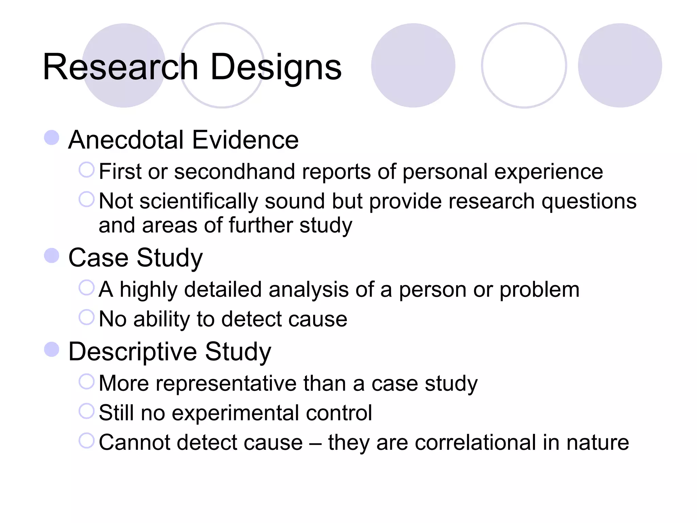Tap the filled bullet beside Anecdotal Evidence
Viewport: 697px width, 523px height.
click(52, 138)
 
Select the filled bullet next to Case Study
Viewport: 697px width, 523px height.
click(52, 256)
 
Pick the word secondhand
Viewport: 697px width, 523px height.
click(234, 171)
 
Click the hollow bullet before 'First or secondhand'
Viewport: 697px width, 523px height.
click(86, 170)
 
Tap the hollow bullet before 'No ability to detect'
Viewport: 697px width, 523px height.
click(86, 317)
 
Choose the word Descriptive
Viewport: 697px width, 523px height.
click(133, 352)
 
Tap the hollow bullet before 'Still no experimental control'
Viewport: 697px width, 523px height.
click(86, 411)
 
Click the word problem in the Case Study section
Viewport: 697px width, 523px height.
click(539, 290)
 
